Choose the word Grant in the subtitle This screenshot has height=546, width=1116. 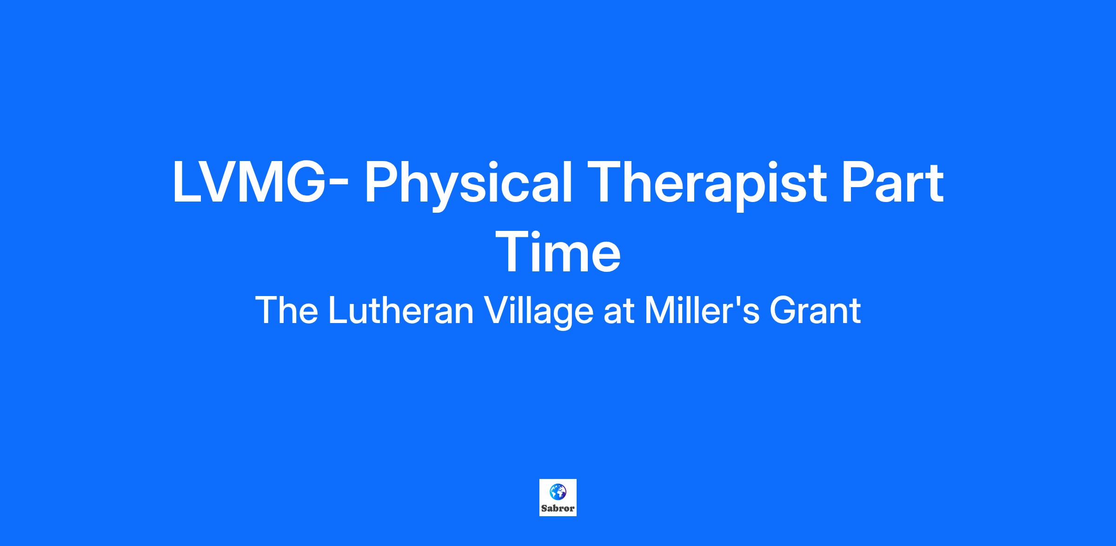[x=815, y=311]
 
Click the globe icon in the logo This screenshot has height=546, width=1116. [x=558, y=491]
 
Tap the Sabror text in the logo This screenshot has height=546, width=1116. [x=558, y=508]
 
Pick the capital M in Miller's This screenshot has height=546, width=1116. [x=660, y=311]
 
